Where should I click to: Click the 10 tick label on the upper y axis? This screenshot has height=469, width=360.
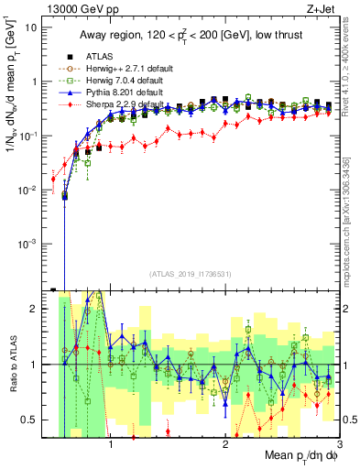point(31,27)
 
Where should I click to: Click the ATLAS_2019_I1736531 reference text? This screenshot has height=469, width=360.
point(191,274)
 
